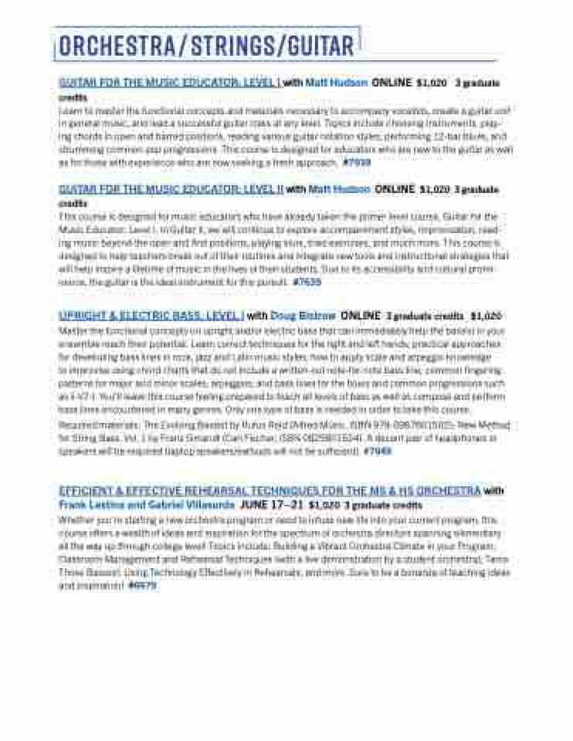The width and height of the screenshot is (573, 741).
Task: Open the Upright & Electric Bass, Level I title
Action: point(151,316)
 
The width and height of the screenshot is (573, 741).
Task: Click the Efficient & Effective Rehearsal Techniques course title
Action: point(270,491)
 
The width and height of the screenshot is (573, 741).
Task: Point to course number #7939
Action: point(356,163)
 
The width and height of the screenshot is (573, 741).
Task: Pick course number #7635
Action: point(307,283)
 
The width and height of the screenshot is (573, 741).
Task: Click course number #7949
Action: point(378,451)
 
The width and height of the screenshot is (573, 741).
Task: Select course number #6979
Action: point(142,586)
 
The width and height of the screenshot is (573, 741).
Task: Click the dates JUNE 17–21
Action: point(271,505)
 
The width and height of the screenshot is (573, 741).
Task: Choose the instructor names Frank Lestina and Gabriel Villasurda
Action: point(146,505)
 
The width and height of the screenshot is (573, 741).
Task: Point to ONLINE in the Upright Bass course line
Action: point(361,316)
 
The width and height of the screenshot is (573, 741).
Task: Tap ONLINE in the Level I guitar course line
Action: point(392,82)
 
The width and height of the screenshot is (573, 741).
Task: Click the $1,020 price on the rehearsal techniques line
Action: point(324,506)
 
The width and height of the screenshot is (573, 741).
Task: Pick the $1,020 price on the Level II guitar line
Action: point(434,189)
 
